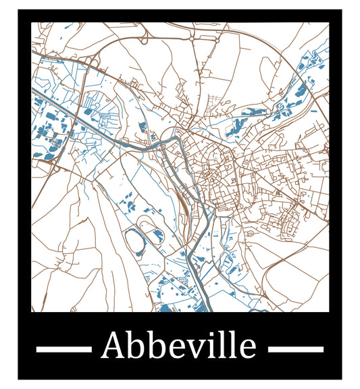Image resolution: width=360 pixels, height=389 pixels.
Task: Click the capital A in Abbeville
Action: [113, 346]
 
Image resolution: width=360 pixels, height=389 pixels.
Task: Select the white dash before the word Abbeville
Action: [63, 349]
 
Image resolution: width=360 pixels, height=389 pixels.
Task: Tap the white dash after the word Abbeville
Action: [296, 349]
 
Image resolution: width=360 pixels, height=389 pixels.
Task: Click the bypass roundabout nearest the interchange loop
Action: [193, 39]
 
